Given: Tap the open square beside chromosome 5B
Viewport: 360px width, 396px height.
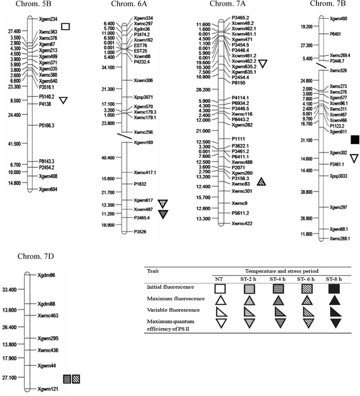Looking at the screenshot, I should (x=65, y=26).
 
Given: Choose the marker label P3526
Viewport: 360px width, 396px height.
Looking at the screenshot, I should (x=141, y=231).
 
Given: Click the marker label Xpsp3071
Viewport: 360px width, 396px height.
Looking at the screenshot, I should (x=144, y=97).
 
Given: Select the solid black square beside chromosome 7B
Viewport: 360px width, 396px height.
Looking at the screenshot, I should (x=355, y=139).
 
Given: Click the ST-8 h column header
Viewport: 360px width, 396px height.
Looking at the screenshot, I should (x=333, y=279).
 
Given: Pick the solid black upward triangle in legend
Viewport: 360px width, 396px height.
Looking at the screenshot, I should (x=333, y=299).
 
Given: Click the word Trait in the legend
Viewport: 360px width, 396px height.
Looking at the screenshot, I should (x=153, y=271).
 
